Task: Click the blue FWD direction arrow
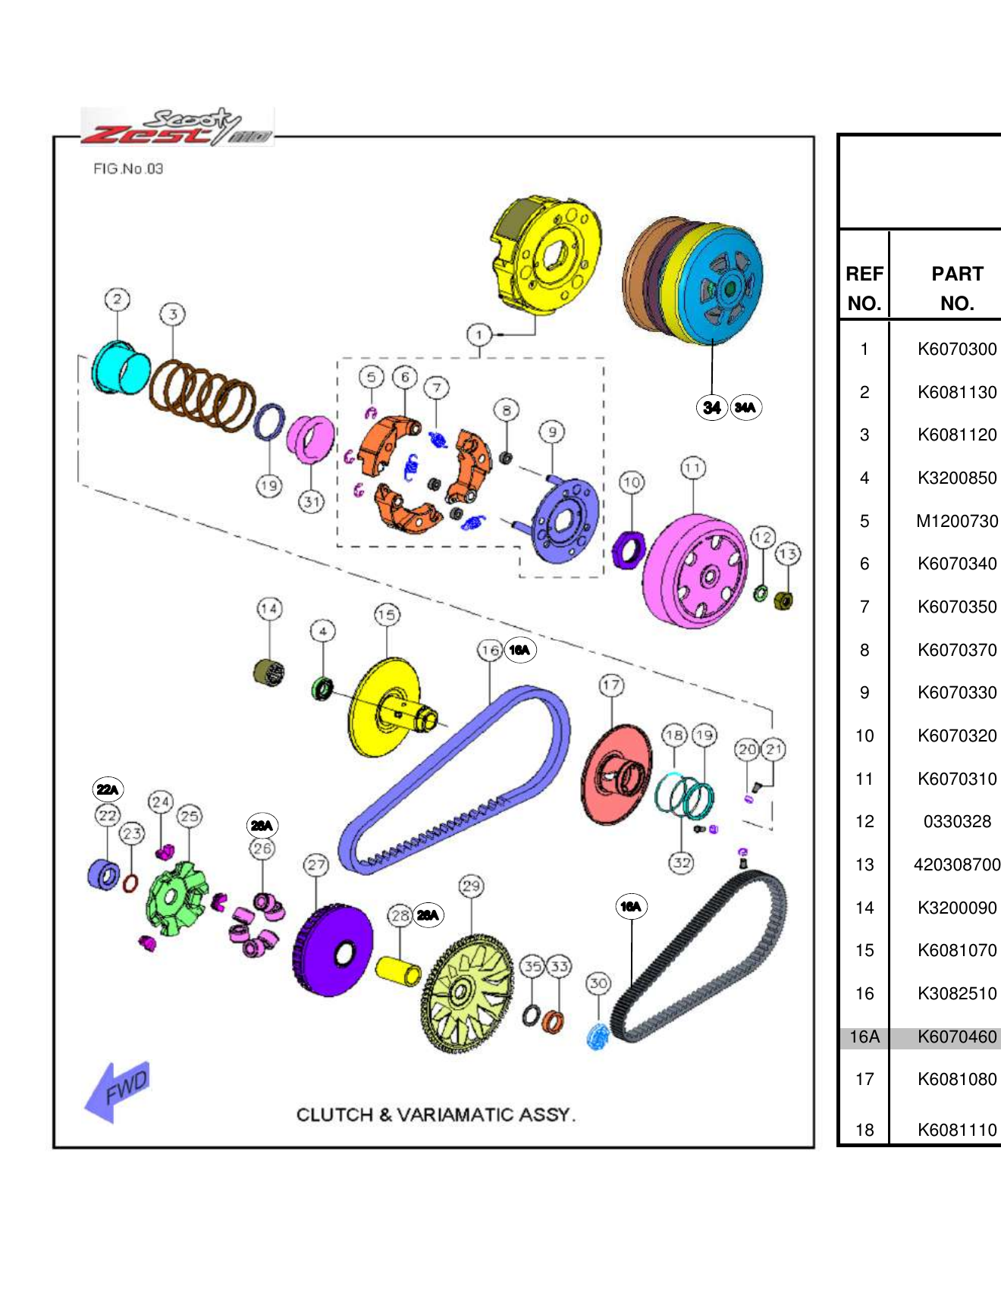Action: click(115, 1091)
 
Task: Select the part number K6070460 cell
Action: click(956, 1037)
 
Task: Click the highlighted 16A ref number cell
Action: click(864, 1037)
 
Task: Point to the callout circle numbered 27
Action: click(316, 864)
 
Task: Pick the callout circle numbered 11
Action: click(692, 468)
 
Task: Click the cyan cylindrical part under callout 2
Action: click(120, 368)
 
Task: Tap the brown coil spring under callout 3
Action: click(202, 393)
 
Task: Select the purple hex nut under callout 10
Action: click(628, 550)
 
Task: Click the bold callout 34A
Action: click(745, 407)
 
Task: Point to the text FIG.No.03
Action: click(128, 168)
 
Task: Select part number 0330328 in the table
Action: click(956, 821)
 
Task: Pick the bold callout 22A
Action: click(107, 789)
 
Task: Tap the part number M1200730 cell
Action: click(956, 521)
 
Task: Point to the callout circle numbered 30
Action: click(598, 983)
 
